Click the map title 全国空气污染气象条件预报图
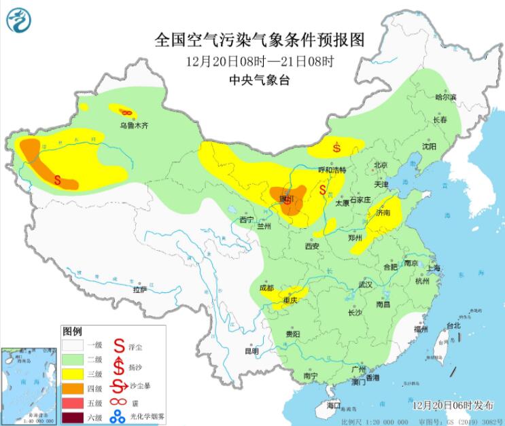coord(260,40)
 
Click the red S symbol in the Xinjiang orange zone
coord(58,181)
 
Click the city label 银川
coord(289,200)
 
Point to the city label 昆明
coord(251,351)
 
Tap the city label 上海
coord(432,268)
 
